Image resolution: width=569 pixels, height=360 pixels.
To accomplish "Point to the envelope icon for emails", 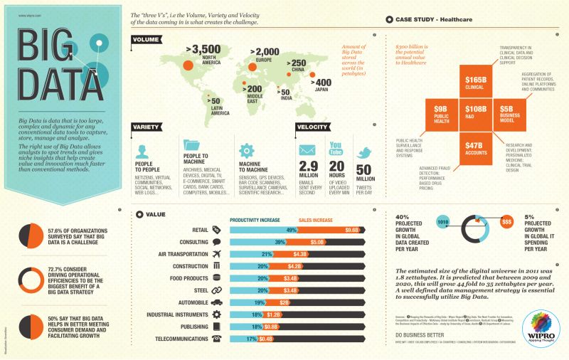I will pyautogui.click(x=307, y=152).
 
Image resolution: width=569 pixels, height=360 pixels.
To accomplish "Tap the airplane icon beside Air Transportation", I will pyautogui.click(x=217, y=254).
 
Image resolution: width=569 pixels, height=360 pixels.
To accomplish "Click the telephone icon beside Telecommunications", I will pyautogui.click(x=217, y=338).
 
